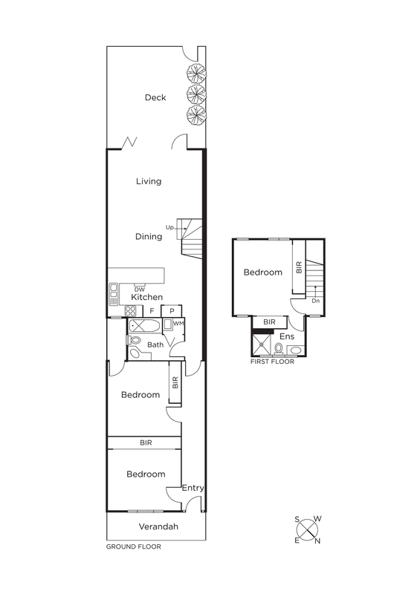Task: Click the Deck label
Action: (155, 97)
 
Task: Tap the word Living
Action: (149, 181)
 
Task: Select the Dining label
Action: (149, 237)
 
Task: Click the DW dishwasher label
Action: (140, 290)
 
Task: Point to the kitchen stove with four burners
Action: (131, 311)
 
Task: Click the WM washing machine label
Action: (178, 324)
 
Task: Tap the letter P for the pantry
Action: (172, 311)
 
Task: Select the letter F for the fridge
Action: (152, 311)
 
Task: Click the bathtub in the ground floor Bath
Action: (144, 326)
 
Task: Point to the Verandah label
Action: (158, 526)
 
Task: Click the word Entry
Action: (193, 489)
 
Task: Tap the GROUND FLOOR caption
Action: (134, 546)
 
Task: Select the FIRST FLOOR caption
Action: (272, 362)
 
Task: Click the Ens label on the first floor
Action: (287, 336)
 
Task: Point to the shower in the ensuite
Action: (262, 345)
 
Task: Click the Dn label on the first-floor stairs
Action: (315, 301)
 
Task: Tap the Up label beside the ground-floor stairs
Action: (169, 228)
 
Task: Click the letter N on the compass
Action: (317, 541)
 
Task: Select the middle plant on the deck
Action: (196, 92)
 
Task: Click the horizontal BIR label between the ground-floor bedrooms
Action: (146, 443)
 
